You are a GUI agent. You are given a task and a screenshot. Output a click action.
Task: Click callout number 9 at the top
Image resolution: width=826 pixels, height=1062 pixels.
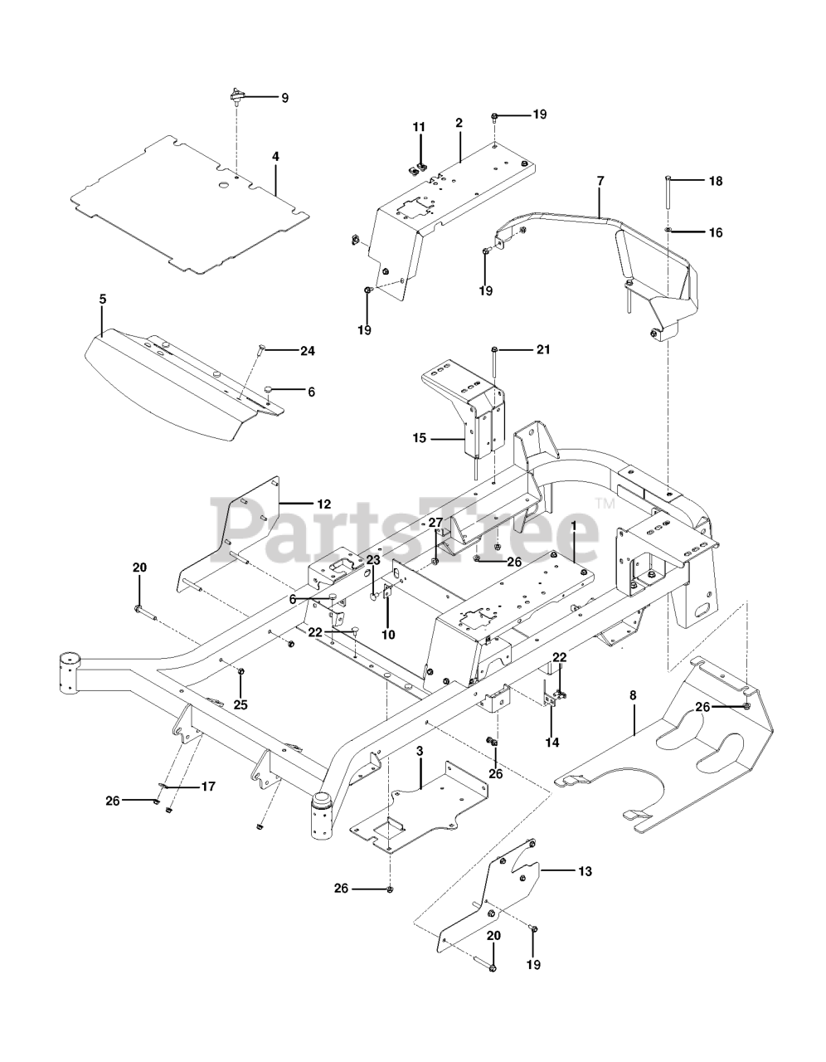(x=284, y=98)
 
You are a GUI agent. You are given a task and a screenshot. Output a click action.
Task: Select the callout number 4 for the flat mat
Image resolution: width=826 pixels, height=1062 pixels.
(x=275, y=156)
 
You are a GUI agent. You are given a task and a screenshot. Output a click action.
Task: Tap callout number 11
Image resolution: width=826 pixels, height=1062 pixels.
(x=419, y=127)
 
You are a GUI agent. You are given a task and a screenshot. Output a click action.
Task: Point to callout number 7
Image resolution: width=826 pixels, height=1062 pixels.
(x=600, y=179)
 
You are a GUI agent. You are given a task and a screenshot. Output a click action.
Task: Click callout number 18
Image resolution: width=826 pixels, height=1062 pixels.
(x=714, y=181)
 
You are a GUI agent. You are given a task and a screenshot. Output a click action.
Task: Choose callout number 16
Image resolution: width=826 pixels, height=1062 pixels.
(x=714, y=233)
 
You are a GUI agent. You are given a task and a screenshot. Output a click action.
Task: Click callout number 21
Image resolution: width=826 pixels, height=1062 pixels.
(x=543, y=349)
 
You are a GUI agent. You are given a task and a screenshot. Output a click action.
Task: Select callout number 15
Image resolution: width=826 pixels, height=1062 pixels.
(x=420, y=437)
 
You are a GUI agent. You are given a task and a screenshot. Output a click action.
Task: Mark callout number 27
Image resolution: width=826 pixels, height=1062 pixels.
(x=435, y=523)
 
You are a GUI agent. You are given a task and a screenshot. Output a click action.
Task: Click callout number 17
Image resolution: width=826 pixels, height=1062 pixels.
(x=207, y=786)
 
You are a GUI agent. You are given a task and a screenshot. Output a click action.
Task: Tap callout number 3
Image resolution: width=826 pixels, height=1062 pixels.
(x=420, y=751)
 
